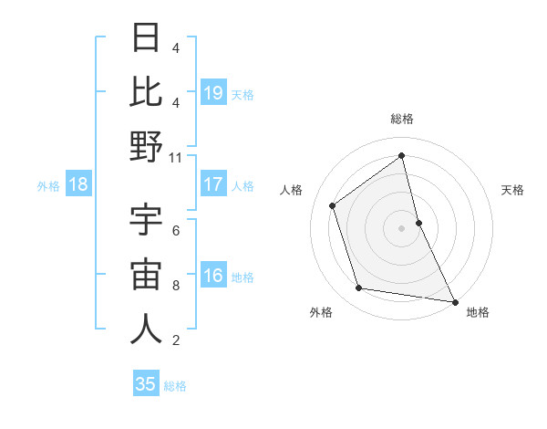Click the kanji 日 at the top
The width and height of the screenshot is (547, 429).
(x=146, y=38)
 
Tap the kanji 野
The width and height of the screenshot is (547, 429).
(x=146, y=146)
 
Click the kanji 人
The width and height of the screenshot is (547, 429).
(x=146, y=329)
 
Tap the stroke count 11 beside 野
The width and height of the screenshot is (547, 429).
(x=176, y=157)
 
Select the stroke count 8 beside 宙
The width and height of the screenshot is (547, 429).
(x=176, y=286)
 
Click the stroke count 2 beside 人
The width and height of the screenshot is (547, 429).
(x=176, y=340)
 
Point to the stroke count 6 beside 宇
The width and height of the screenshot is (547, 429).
(x=176, y=231)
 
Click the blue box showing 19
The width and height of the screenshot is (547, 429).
(x=213, y=92)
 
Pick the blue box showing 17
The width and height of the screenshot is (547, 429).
(x=213, y=184)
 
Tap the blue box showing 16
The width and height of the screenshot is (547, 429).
(x=213, y=276)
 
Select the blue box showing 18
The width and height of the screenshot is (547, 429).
(x=77, y=184)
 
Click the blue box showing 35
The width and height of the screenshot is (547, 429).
(x=146, y=384)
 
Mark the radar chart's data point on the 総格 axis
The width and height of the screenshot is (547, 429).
(x=402, y=155)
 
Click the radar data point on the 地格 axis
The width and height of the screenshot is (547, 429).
(x=453, y=301)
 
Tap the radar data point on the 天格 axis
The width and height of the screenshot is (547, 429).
(x=418, y=222)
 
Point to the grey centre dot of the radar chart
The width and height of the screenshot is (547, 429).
(x=402, y=227)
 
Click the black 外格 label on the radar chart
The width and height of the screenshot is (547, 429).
(x=321, y=313)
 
